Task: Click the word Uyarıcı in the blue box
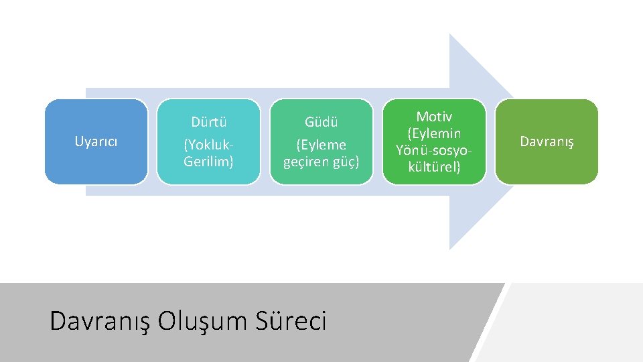pyautogui.click(x=96, y=141)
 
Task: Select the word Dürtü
pyautogui.click(x=208, y=122)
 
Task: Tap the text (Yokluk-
pyautogui.click(x=208, y=145)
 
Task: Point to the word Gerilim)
pyautogui.click(x=208, y=162)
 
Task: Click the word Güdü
pyautogui.click(x=321, y=122)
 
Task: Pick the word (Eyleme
pyautogui.click(x=321, y=145)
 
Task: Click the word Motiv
pyautogui.click(x=434, y=117)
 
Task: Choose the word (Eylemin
pyautogui.click(x=434, y=133)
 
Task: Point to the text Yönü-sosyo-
pyautogui.click(x=434, y=150)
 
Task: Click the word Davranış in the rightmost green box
pyautogui.click(x=547, y=141)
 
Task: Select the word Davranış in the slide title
pyautogui.click(x=100, y=321)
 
